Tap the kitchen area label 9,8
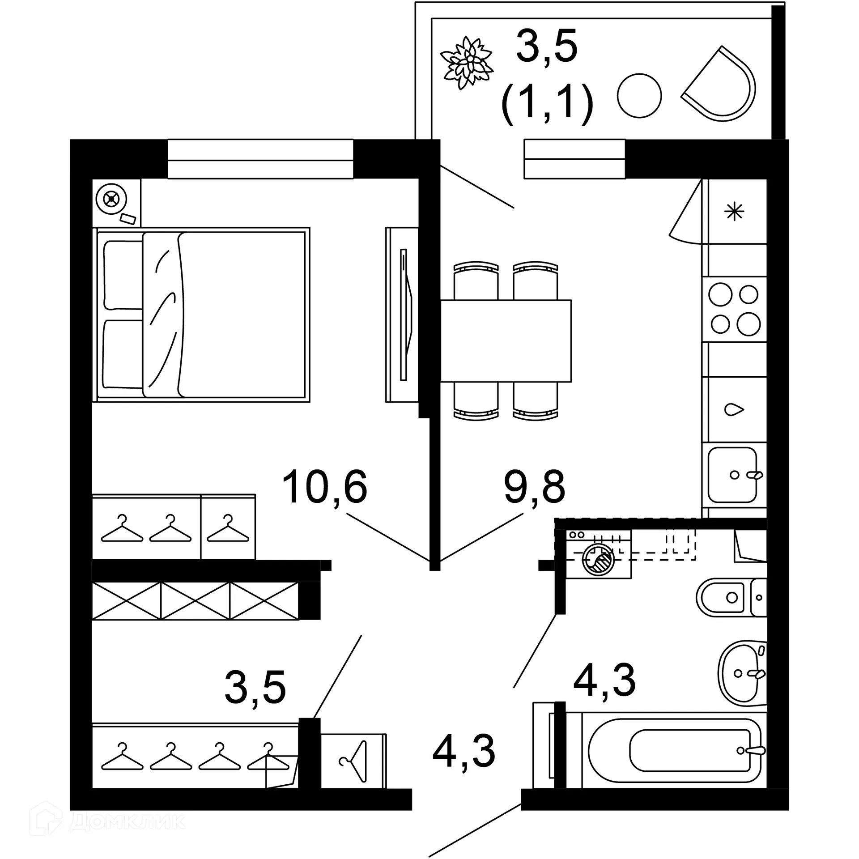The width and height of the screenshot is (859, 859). point(534,487)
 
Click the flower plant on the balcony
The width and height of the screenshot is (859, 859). point(467,62)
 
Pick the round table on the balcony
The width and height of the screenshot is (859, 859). point(639,96)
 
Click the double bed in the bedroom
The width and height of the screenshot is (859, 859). point(201,314)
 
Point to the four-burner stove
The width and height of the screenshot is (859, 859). point(734,309)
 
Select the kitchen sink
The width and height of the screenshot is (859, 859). point(732,475)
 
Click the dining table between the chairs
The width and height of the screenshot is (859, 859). point(506,340)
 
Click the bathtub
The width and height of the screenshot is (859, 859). point(675,751)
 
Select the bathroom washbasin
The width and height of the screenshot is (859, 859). point(740,672)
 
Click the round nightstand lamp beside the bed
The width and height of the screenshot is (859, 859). point(112,199)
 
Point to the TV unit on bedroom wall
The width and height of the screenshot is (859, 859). point(402,315)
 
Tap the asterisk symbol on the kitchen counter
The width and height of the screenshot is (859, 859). point(734,211)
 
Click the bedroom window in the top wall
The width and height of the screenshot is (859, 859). point(260,159)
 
